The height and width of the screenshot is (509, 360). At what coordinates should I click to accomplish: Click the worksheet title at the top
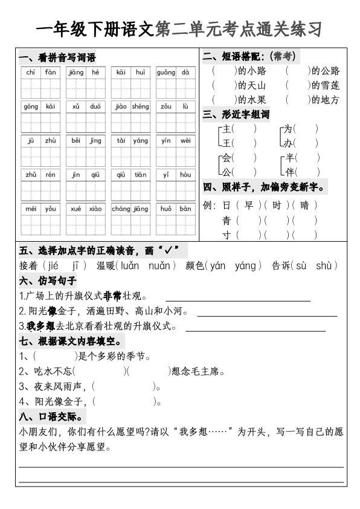pos(179,28)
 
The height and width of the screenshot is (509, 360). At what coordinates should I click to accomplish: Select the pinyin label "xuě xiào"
pos(86,209)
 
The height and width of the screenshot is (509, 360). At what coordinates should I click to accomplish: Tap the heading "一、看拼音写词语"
pos(58,58)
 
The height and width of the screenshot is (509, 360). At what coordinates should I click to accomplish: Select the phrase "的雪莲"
pos(326,85)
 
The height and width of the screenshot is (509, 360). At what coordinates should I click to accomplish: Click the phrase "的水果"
pos(252,100)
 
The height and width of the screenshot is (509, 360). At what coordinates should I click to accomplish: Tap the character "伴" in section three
pos(290,172)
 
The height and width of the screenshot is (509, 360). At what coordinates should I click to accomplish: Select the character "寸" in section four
pos(227,235)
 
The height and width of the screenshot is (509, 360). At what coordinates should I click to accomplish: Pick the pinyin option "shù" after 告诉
pos(324,266)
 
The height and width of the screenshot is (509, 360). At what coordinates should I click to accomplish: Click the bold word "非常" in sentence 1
pos(112,297)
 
